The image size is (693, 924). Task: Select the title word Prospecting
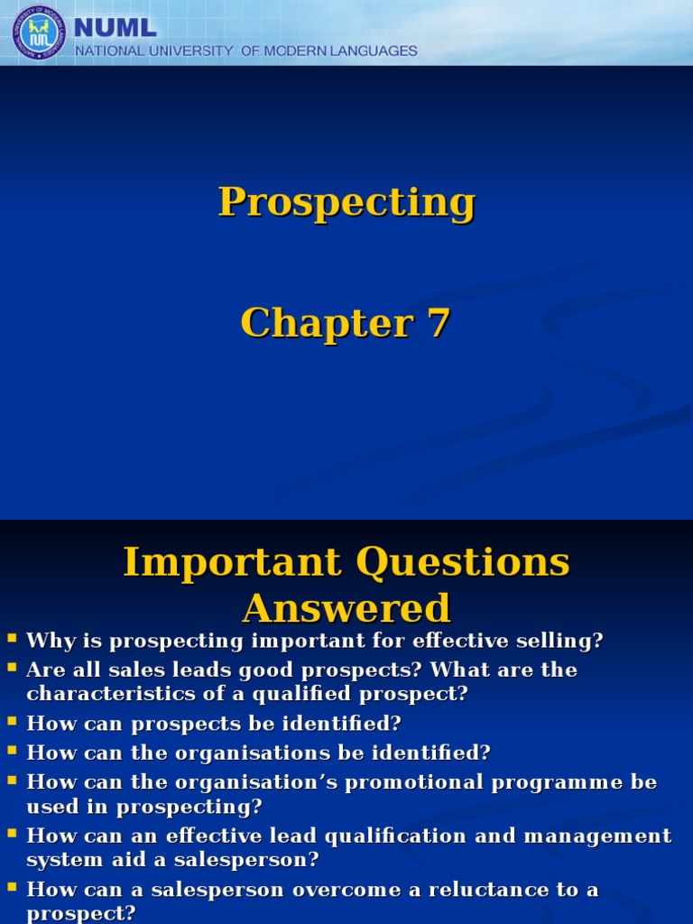coord(346,202)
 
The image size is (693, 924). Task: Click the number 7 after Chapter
coord(439,323)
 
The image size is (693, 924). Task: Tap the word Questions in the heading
coord(463,562)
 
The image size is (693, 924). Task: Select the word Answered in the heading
coord(346,607)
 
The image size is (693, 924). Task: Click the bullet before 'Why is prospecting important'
coord(13,638)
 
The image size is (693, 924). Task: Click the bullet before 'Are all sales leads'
coord(13,667)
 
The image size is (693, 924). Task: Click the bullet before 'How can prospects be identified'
coord(13,721)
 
